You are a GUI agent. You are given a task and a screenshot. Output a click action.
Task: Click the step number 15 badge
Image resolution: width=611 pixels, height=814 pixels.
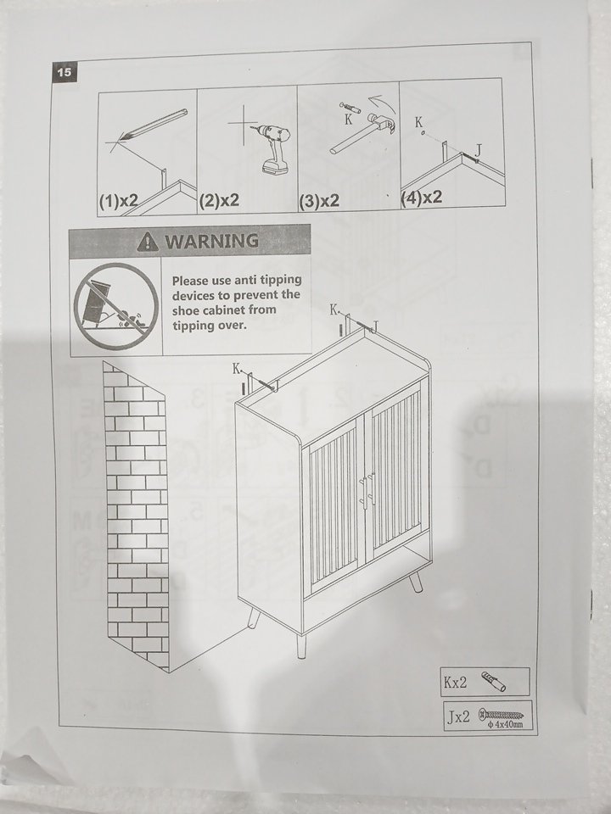click(x=64, y=72)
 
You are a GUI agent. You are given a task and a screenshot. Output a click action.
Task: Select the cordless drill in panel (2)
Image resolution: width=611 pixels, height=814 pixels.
click(x=272, y=148)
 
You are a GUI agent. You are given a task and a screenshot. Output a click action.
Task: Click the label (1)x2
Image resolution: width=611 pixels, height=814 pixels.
click(x=119, y=201)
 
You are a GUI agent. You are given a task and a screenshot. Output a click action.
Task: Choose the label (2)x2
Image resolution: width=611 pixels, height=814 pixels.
click(x=219, y=200)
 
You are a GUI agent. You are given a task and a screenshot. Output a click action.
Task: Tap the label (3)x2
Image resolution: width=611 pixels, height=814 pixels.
click(x=320, y=200)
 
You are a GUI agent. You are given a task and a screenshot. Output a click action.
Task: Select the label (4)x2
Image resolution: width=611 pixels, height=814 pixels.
click(x=422, y=198)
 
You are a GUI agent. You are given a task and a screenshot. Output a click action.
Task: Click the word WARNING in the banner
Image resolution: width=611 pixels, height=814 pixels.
click(x=211, y=241)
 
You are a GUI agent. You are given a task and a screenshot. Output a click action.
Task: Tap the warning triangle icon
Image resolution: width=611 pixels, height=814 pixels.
click(x=148, y=242)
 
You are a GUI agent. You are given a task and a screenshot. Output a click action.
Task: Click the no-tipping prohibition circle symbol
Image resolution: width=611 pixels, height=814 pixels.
click(x=115, y=306)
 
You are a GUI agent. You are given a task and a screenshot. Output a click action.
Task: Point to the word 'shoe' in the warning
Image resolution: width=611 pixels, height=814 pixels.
click(x=188, y=310)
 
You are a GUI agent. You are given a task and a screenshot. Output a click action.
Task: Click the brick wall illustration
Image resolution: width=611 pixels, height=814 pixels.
click(x=136, y=516)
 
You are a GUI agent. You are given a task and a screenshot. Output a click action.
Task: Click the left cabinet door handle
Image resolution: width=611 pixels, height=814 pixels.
click(x=362, y=491)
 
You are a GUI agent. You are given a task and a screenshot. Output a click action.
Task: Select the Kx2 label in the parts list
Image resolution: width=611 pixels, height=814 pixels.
click(x=456, y=682)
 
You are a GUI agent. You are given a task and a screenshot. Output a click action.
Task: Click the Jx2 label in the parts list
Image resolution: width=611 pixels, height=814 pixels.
click(x=459, y=717)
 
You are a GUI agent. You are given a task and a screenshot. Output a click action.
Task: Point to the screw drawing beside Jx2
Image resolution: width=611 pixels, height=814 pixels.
click(x=501, y=715)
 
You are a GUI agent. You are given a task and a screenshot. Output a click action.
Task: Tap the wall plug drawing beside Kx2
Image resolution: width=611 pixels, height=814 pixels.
click(x=494, y=682)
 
